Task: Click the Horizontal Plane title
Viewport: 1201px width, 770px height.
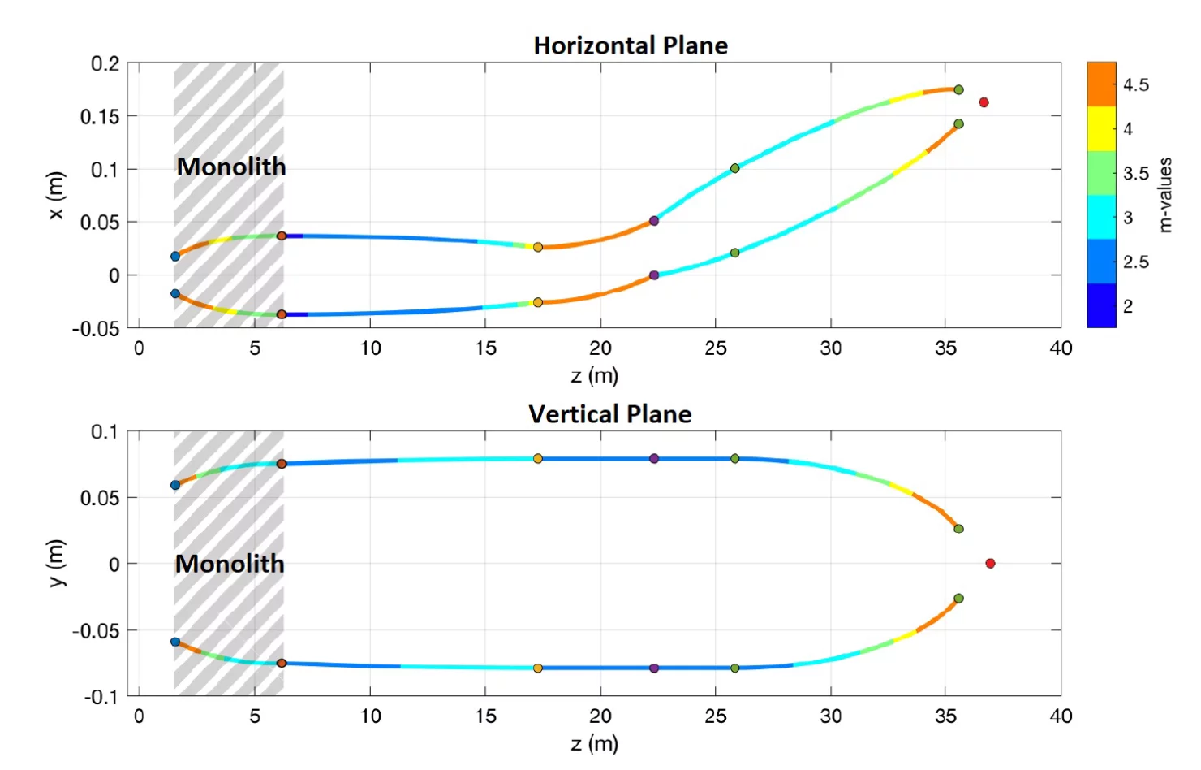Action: (631, 45)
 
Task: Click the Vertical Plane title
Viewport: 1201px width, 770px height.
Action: (609, 414)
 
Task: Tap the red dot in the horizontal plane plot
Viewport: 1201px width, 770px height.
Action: (984, 102)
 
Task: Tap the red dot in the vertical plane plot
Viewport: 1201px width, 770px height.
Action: (990, 563)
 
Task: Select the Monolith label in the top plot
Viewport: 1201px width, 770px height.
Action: (231, 167)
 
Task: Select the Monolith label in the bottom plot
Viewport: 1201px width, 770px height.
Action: (230, 564)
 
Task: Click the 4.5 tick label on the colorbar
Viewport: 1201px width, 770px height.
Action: (1136, 84)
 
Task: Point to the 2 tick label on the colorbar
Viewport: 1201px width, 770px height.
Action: (1128, 306)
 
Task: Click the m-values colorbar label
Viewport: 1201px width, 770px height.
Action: (1166, 195)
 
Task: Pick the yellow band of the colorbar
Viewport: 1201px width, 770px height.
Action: (1101, 128)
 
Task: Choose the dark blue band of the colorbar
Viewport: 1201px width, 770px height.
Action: (1101, 305)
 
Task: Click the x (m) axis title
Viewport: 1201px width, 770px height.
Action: (55, 195)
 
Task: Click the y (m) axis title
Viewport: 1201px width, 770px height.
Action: (55, 563)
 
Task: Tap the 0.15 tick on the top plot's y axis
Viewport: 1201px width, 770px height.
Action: (99, 117)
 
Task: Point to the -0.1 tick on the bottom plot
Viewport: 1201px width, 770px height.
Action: (101, 697)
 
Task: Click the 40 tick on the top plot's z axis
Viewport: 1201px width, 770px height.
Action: (1061, 348)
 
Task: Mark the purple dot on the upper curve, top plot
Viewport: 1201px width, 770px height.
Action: (654, 221)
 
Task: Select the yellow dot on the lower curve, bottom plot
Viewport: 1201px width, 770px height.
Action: (538, 668)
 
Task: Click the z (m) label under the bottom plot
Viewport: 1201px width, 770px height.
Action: (594, 743)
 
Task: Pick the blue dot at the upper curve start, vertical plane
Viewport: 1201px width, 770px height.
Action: (175, 486)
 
